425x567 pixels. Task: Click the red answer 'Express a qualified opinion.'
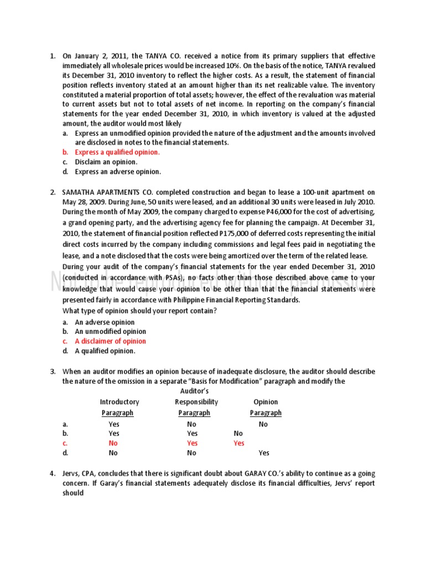(x=117, y=152)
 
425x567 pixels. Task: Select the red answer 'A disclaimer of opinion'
(x=111, y=341)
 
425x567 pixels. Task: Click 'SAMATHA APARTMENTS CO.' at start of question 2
(x=110, y=193)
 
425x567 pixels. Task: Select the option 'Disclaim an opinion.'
(x=106, y=162)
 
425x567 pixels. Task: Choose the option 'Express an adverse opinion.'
(x=118, y=172)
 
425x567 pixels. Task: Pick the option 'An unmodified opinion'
(x=111, y=332)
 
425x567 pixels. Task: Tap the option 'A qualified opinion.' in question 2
(x=105, y=351)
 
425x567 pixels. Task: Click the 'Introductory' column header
(x=120, y=402)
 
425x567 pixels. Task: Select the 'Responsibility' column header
(x=196, y=402)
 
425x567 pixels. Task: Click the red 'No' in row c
(x=113, y=443)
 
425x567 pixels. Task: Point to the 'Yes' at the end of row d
(x=264, y=453)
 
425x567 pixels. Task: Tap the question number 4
(x=53, y=473)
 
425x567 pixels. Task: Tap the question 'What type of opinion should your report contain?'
(x=139, y=310)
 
